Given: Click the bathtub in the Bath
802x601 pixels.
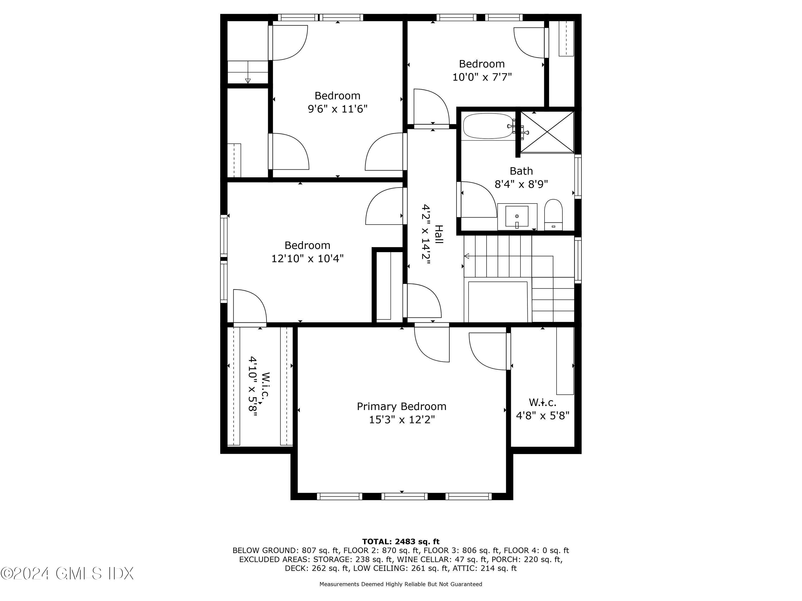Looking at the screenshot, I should [488, 126].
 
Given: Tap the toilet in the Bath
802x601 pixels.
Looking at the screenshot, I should [553, 214].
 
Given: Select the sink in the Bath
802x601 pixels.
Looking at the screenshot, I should [517, 217].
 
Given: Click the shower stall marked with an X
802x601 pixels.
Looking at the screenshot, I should [547, 132].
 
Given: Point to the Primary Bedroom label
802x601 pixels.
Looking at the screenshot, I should [401, 407].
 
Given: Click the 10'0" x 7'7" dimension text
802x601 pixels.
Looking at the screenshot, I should [482, 77].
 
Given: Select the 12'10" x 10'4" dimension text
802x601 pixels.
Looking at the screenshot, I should [307, 259].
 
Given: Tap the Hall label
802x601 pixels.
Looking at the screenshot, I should [439, 234].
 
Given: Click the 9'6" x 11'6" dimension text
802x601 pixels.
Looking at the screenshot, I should [338, 109].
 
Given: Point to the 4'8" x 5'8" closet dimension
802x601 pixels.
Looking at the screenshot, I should [542, 416].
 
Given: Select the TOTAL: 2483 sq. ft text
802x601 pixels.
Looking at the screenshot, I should [401, 542].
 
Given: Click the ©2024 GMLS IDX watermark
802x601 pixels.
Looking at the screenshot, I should [67, 573].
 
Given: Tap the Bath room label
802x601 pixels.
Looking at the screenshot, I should [521, 171].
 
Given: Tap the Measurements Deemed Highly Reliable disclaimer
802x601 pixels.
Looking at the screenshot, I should [401, 584].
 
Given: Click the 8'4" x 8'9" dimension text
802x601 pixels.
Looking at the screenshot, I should [521, 184].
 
